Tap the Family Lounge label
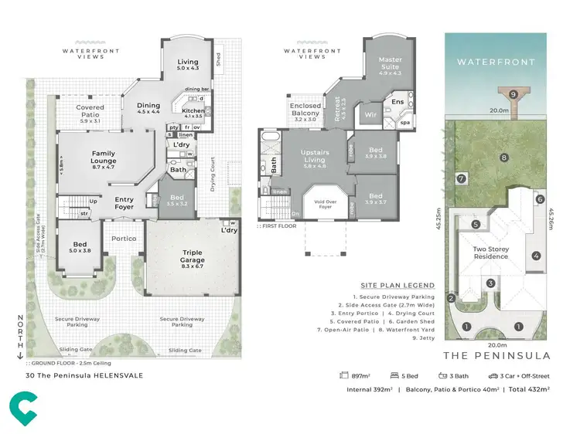(x=103, y=158)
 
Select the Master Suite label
(x=390, y=66)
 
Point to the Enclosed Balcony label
(x=305, y=112)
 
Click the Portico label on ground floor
(x=124, y=239)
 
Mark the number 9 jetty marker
(x=513, y=94)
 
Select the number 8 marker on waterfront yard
(x=503, y=158)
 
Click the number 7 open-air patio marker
(x=461, y=178)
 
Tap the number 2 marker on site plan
(x=451, y=298)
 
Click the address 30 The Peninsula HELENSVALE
(x=84, y=376)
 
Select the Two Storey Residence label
(x=490, y=253)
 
